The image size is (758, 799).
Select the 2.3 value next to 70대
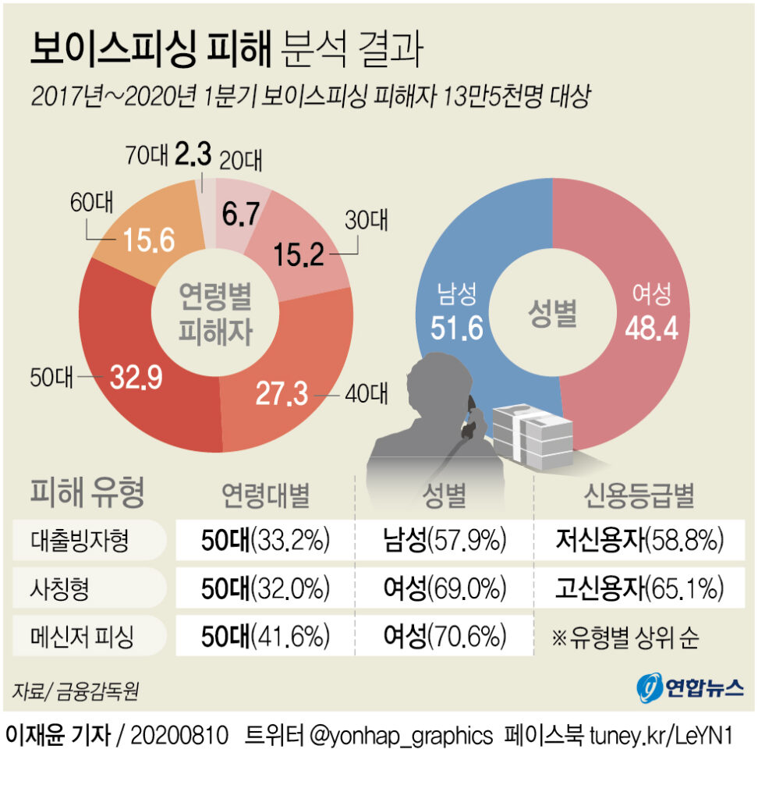193,156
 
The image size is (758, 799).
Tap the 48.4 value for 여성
651,327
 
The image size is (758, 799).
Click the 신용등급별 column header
639,495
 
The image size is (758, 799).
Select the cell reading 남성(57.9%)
445,539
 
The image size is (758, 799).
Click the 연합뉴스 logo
683,687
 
